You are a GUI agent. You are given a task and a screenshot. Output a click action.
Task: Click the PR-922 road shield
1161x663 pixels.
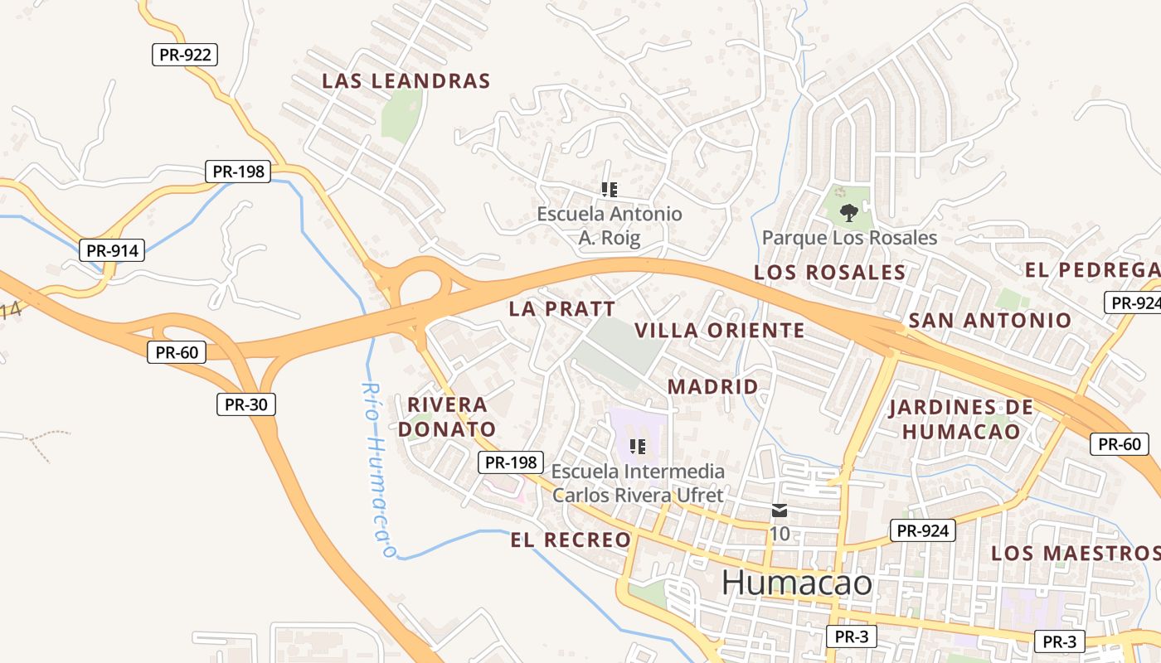point(185,56)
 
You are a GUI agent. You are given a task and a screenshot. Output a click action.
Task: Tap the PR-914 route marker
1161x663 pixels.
point(112,250)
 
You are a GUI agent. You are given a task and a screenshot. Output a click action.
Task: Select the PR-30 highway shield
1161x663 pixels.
point(245,404)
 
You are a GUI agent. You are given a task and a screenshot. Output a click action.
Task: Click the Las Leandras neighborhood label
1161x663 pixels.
point(406,81)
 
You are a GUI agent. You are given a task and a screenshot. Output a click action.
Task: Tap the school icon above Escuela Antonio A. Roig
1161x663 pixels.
point(610,190)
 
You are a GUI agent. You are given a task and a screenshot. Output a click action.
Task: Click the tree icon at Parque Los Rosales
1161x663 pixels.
point(848,214)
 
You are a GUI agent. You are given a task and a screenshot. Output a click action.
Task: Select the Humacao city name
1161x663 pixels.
point(797,583)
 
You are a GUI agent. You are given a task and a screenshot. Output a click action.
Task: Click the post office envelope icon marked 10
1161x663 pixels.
point(780,510)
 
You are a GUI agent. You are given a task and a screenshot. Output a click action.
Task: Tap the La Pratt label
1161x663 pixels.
point(562,309)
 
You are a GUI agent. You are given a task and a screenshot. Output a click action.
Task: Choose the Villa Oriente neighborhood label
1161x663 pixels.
point(719,331)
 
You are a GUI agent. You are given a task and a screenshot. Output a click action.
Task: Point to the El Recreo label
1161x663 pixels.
point(571,540)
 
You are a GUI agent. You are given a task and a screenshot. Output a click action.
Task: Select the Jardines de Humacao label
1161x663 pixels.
point(960,419)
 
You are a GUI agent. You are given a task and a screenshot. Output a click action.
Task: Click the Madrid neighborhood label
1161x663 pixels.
point(712,387)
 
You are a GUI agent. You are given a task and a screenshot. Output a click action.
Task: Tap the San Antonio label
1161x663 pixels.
point(989,320)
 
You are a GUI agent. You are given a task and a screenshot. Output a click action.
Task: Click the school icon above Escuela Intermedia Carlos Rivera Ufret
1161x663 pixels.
point(637,448)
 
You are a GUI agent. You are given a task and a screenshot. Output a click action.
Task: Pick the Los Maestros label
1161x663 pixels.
point(1076,553)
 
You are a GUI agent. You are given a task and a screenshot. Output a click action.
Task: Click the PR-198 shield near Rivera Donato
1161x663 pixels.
point(511,462)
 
